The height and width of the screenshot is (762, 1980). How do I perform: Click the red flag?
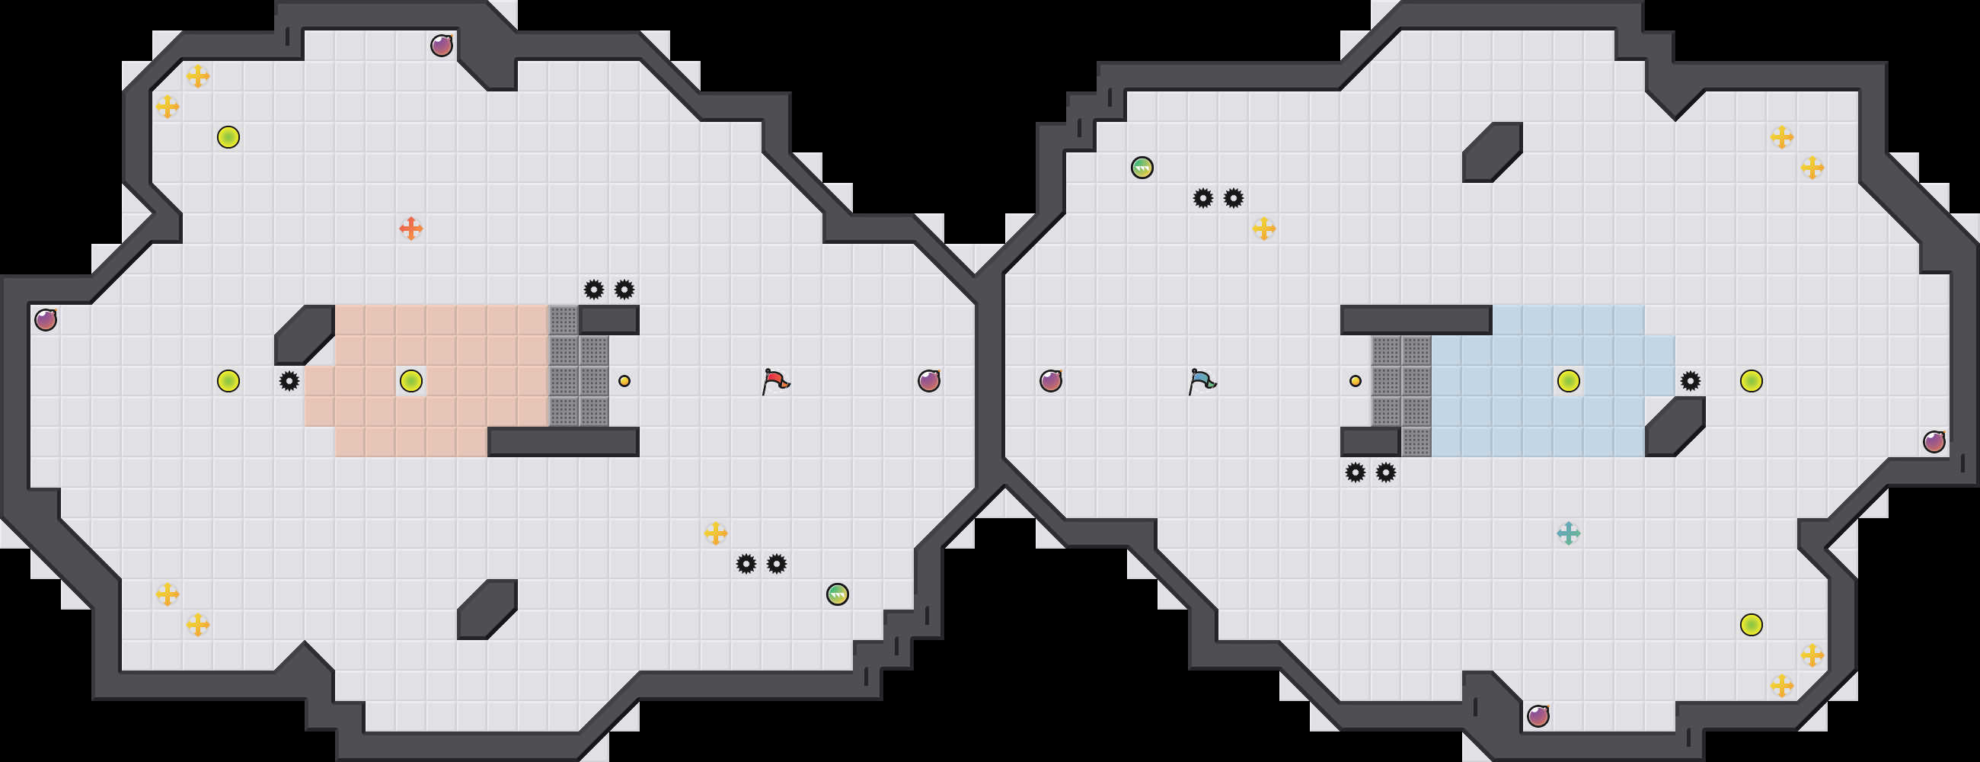tap(774, 380)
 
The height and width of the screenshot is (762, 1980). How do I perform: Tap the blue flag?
tap(1202, 380)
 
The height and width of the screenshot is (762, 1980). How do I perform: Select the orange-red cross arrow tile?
tap(411, 229)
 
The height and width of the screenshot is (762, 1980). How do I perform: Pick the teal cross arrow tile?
tap(1568, 533)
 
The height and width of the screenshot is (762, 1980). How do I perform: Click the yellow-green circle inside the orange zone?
tap(411, 380)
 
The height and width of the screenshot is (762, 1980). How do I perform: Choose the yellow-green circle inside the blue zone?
tap(1568, 380)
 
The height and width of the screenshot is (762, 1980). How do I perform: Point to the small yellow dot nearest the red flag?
tap(624, 380)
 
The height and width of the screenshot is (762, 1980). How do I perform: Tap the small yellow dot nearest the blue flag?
tap(1355, 380)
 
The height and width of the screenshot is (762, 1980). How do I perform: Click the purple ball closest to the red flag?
tap(928, 380)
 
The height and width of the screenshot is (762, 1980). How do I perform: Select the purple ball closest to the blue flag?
tap(1051, 380)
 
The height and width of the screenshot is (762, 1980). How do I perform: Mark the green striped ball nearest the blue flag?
tap(1142, 168)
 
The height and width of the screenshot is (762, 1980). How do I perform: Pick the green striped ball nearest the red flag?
tap(837, 594)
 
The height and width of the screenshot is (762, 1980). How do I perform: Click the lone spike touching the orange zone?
tap(289, 380)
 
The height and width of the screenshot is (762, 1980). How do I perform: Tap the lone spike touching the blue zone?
tap(1690, 380)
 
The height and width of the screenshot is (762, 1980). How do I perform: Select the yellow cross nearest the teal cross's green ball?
tap(1263, 229)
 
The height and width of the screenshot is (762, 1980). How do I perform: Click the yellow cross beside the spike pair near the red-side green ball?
tap(716, 533)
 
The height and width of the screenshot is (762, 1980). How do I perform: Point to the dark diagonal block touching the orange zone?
tap(305, 335)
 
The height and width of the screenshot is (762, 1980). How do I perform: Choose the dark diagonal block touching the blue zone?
tap(1675, 427)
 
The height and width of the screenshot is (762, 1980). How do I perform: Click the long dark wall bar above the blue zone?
tap(1416, 320)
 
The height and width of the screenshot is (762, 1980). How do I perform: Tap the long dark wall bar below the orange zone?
tap(564, 442)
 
